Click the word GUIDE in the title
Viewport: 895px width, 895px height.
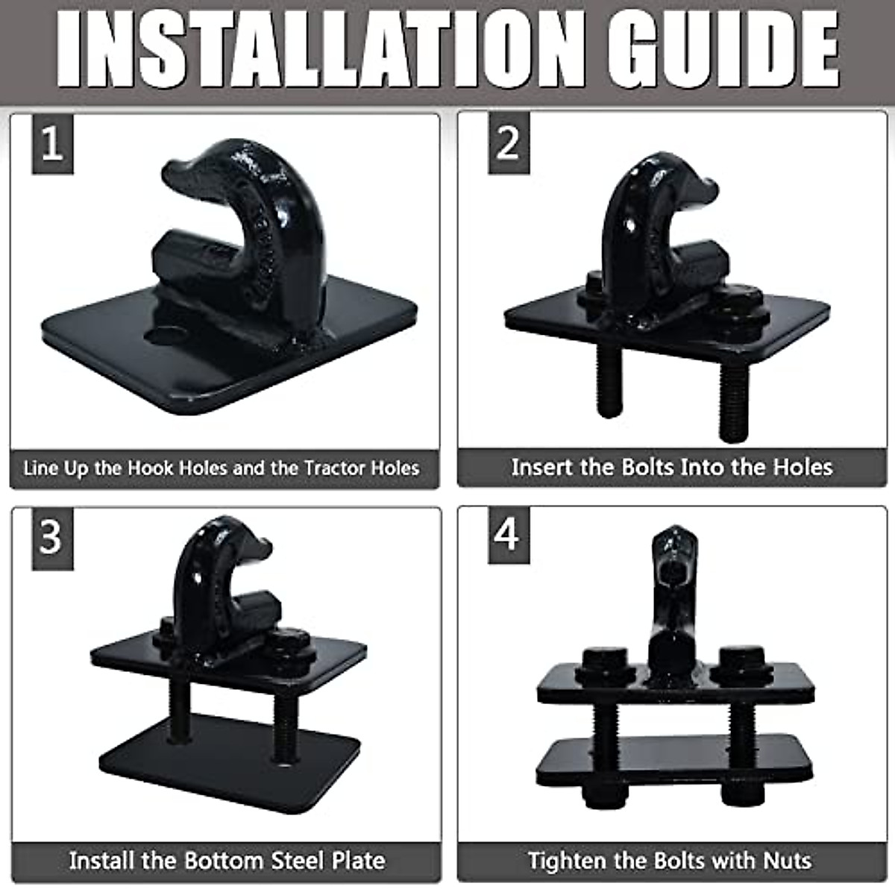(722, 48)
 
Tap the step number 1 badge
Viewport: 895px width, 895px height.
(51, 143)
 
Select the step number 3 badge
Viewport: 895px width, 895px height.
(51, 537)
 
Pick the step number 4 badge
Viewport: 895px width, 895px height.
(508, 535)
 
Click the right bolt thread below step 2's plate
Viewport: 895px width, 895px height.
(732, 403)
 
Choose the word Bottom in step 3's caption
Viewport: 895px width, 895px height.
(224, 861)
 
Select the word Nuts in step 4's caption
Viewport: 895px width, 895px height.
(787, 861)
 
